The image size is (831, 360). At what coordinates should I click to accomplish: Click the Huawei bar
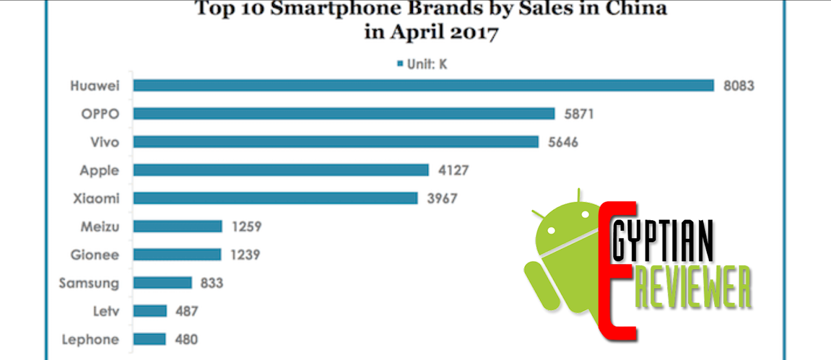click(423, 86)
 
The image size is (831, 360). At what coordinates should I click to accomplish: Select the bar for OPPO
click(344, 114)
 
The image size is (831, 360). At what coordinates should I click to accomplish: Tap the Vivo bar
click(336, 142)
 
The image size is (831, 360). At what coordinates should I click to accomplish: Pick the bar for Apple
click(280, 170)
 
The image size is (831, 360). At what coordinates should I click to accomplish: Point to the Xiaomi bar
click(275, 198)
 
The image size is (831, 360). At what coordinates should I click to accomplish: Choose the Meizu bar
click(178, 226)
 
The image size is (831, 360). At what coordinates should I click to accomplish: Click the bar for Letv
click(150, 311)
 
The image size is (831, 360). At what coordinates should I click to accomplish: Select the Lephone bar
click(149, 339)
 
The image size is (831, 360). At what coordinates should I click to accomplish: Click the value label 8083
click(739, 86)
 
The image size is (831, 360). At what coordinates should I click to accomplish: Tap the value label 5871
click(579, 114)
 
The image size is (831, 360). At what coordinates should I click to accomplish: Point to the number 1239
click(245, 255)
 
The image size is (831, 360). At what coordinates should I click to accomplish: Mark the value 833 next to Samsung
click(212, 283)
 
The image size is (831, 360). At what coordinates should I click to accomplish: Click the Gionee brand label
click(95, 255)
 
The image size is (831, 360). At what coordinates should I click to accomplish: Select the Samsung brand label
click(89, 283)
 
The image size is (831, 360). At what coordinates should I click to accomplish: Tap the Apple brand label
click(99, 170)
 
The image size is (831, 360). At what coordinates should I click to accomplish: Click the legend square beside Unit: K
click(400, 64)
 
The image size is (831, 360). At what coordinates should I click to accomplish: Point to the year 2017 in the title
click(474, 32)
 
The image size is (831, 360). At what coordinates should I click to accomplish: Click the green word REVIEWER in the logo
click(693, 287)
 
